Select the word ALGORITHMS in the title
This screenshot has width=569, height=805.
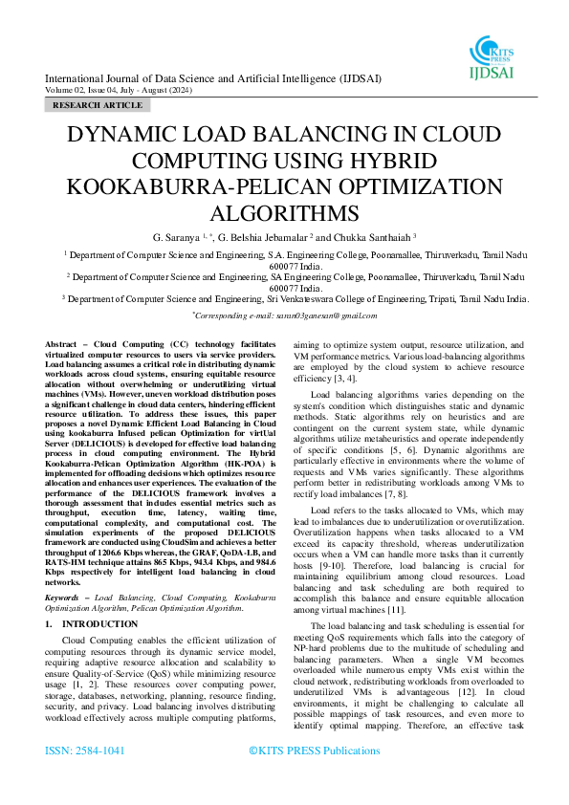tap(284, 211)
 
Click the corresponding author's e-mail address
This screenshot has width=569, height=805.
tap(323, 315)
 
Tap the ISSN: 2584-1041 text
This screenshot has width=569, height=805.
tap(85, 751)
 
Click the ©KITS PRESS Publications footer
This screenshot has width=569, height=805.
tap(314, 751)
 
